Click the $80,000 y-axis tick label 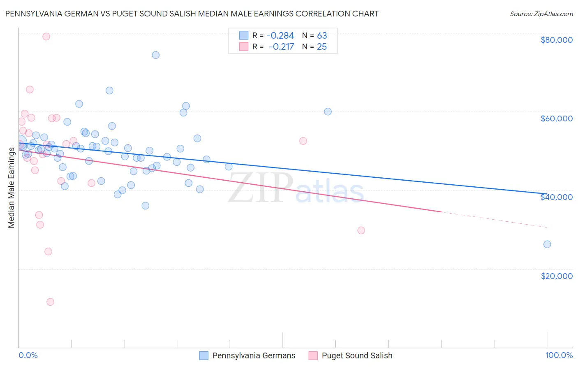click(556, 40)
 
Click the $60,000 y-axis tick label click(556, 118)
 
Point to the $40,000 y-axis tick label click(556, 197)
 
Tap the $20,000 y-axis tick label click(556, 276)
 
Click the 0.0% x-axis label click(28, 355)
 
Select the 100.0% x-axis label click(559, 355)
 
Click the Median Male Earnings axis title click(11, 187)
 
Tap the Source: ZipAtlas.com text click(541, 14)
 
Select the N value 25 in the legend click(321, 47)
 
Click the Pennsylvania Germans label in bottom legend click(254, 355)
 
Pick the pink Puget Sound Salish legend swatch click(313, 355)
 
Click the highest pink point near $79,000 click(46, 36)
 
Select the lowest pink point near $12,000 click(50, 302)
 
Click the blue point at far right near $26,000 click(547, 244)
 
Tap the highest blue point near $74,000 click(155, 55)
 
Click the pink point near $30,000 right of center click(361, 230)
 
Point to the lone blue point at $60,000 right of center click(328, 111)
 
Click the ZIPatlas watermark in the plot click(296, 188)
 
